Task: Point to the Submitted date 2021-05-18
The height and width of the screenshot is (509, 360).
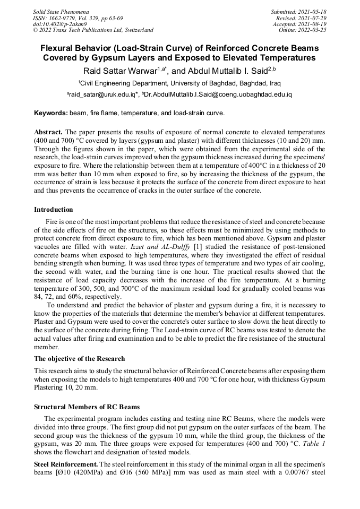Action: point(299,11)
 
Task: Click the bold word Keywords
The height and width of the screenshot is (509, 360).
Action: point(50,113)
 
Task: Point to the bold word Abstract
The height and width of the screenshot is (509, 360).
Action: point(49,131)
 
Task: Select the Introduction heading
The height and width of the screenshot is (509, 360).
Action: point(53,210)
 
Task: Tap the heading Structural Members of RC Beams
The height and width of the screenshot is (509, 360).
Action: point(87,407)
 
